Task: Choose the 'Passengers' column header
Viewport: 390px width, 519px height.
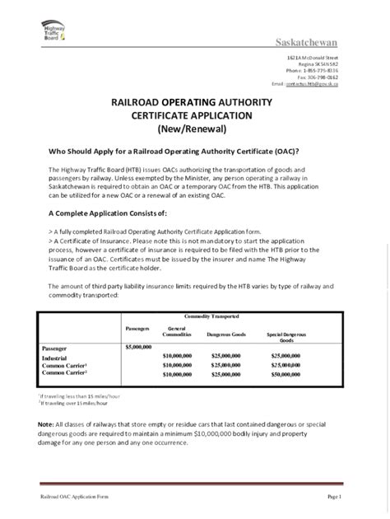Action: point(137,329)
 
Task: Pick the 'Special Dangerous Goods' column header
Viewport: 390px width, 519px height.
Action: point(286,337)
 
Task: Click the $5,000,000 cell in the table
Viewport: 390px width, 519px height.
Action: point(137,348)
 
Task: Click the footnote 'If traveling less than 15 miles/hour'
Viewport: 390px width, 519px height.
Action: point(74,395)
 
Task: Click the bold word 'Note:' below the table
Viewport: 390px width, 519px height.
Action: point(45,423)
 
